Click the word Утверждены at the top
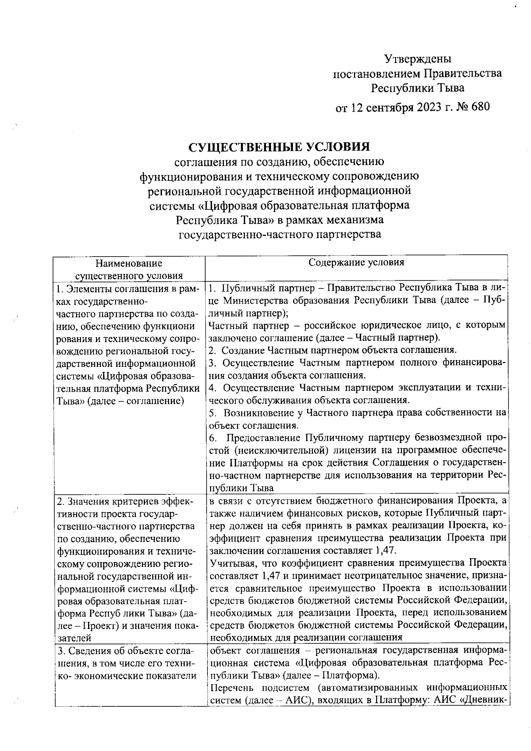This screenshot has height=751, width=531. (418, 58)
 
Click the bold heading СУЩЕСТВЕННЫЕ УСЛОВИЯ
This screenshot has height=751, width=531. (279, 147)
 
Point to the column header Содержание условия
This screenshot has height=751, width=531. (356, 262)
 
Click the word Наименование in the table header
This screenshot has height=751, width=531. (129, 264)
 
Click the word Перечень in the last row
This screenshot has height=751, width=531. (231, 688)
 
